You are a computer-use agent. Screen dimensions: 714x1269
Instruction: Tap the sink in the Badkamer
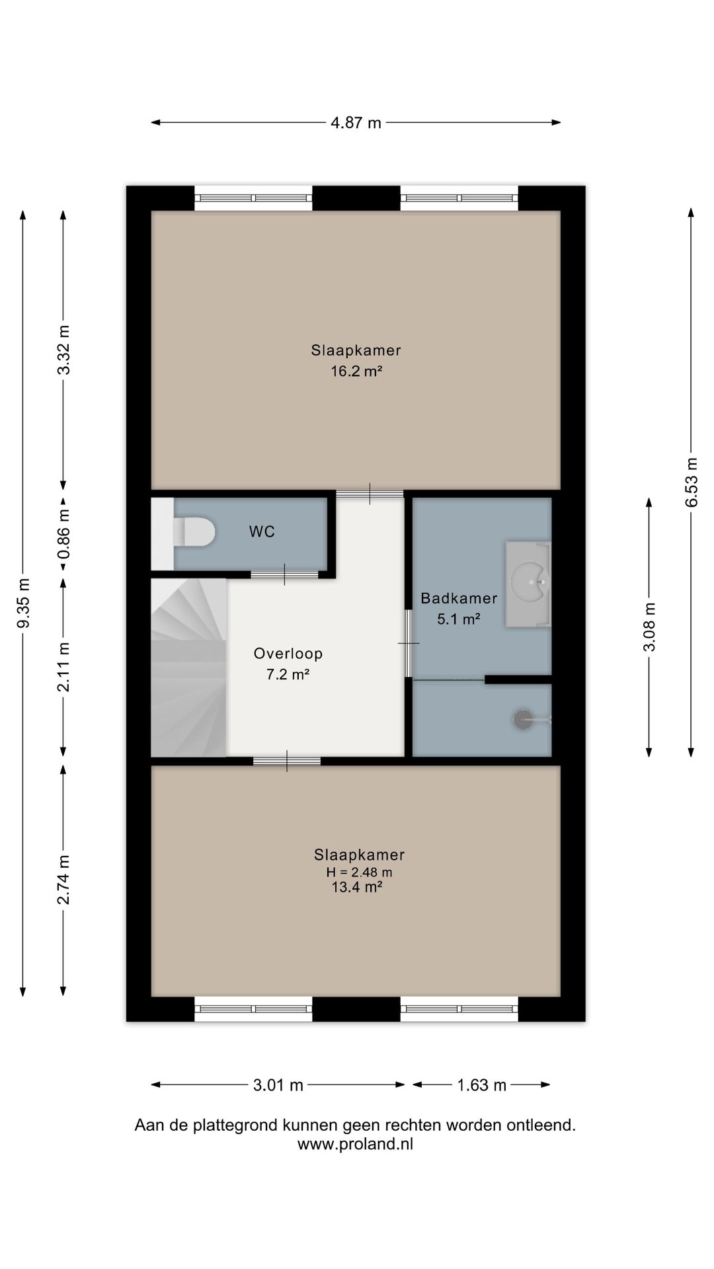tap(528, 584)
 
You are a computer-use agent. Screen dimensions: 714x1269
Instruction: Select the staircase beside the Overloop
tap(189, 668)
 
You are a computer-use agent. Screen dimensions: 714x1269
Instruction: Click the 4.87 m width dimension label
tap(356, 123)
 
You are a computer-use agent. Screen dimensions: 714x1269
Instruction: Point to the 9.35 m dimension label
tap(24, 603)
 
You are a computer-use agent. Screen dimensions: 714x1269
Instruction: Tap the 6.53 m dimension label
tap(692, 482)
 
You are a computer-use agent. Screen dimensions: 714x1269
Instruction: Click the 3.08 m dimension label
tap(650, 627)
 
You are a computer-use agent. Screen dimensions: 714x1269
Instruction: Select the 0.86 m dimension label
tap(63, 532)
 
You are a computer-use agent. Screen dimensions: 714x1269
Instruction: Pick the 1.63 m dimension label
tap(482, 1085)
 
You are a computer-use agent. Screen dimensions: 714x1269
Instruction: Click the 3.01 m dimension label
tap(278, 1085)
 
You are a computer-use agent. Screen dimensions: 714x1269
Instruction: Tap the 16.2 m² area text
tap(357, 371)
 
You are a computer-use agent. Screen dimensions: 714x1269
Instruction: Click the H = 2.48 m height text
tap(359, 872)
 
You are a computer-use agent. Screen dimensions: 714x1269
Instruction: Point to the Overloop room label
tap(288, 654)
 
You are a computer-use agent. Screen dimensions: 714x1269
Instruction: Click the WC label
tap(262, 532)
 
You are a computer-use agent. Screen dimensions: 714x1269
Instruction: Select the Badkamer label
tap(459, 599)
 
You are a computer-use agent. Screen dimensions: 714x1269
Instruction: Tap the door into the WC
tap(284, 574)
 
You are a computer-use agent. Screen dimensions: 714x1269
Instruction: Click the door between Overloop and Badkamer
tap(409, 644)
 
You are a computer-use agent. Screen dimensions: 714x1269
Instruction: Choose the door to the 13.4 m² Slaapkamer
tap(287, 761)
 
